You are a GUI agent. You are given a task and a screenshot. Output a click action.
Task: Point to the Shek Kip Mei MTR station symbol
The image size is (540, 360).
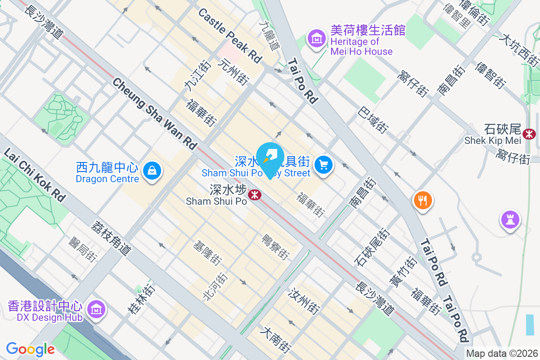point(530,133)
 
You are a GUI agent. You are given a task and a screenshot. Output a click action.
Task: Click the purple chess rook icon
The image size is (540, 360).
point(510,220)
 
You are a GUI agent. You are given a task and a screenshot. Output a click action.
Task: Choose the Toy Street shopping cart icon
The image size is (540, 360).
point(323,165)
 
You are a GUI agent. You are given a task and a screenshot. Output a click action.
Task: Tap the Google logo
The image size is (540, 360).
point(30,349)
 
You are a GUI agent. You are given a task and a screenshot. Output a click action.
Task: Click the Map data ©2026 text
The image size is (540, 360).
point(502,353)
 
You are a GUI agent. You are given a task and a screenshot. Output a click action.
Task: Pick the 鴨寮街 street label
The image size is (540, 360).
point(275,247)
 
